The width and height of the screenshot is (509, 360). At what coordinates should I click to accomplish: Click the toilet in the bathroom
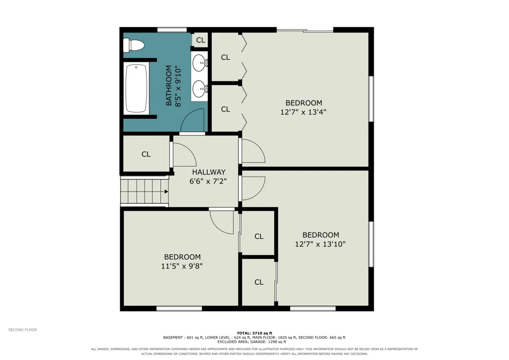click(x=133, y=45)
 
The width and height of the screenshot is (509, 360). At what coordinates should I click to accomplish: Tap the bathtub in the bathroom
click(x=136, y=88)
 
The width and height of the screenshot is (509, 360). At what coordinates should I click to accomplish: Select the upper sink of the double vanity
click(x=199, y=63)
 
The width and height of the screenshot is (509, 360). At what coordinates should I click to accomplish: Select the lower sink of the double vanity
click(x=199, y=89)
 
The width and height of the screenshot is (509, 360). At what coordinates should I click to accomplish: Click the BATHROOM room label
click(x=169, y=86)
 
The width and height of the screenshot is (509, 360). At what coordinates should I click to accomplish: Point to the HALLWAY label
click(x=209, y=172)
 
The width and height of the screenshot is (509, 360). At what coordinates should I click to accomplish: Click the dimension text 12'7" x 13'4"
click(x=303, y=113)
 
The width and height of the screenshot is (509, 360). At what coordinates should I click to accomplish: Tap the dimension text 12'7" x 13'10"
click(x=320, y=244)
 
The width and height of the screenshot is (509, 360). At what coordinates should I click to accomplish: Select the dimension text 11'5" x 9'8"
click(x=182, y=266)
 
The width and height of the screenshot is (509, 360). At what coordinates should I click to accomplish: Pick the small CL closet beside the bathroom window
click(x=200, y=40)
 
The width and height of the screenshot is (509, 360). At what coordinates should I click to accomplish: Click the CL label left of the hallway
click(x=146, y=154)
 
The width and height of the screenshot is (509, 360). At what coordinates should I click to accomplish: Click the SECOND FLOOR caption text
click(x=22, y=330)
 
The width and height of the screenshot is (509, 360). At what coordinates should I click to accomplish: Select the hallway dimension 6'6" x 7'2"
click(x=208, y=181)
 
